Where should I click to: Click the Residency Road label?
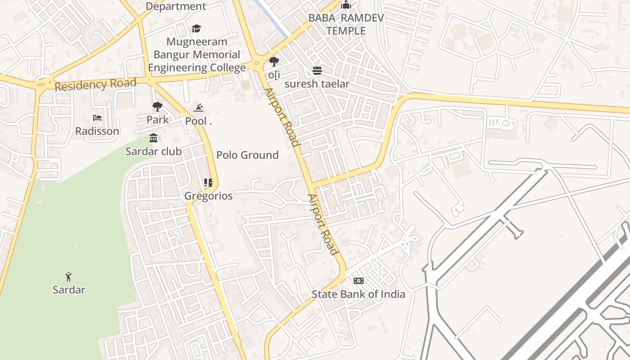(x=95, y=84)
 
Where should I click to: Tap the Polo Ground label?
(x=247, y=155)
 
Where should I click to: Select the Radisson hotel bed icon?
(x=97, y=118)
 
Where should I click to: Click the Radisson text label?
(x=97, y=131)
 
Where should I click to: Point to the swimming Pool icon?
(x=198, y=108)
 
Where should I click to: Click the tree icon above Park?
(x=157, y=107)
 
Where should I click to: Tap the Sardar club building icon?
(x=153, y=138)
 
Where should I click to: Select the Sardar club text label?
(x=153, y=152)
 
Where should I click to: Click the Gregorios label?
(x=208, y=196)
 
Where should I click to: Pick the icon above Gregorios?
(x=208, y=183)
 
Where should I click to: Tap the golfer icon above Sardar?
(x=68, y=276)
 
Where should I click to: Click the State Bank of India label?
(x=359, y=294)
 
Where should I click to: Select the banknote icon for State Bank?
(x=358, y=281)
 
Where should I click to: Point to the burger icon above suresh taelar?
(x=317, y=71)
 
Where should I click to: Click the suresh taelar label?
(x=317, y=84)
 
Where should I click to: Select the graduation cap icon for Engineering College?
(x=196, y=29)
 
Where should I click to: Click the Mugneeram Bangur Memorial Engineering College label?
(x=197, y=55)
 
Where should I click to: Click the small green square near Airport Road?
(x=246, y=85)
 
